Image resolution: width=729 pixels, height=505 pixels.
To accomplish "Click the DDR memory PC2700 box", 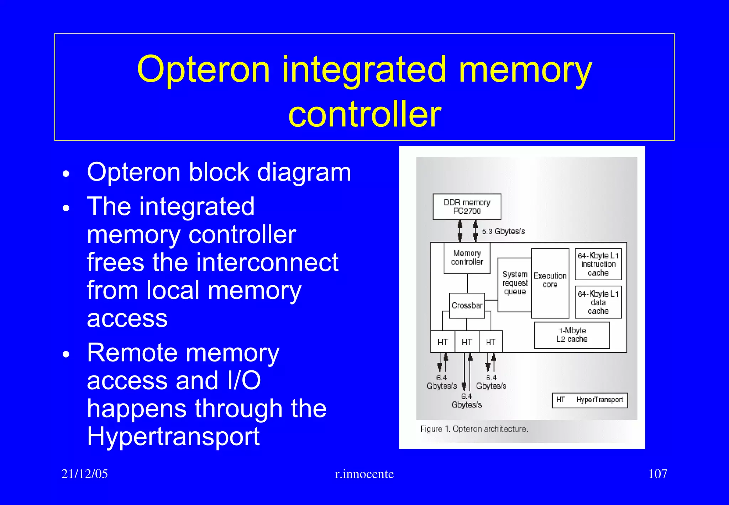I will coord(467,207).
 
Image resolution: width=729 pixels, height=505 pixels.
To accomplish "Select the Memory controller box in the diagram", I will coord(467,258).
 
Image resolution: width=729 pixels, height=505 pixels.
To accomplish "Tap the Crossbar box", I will coord(467,306).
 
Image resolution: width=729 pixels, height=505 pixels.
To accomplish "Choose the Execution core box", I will coord(550,283).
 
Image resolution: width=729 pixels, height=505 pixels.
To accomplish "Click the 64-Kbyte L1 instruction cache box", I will coord(598,264).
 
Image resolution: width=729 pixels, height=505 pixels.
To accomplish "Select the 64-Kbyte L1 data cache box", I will coord(598,302).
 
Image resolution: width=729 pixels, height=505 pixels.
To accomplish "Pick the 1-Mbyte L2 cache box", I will coord(572,335).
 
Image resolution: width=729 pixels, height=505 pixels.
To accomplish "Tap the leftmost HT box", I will coord(442,342).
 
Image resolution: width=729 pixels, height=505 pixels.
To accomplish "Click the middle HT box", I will coord(467,342).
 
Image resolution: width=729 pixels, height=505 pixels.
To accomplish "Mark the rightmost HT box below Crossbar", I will coord(491,342).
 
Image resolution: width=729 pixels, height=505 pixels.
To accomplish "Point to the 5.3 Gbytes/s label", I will coord(503,231).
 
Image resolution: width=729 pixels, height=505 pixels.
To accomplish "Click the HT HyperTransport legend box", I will coord(589,400).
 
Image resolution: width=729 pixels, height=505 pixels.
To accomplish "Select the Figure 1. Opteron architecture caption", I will coord(474,429).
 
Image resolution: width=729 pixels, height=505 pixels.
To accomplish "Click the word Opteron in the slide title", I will coord(204,70).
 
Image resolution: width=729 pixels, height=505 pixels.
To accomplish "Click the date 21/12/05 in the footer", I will coord(84,474).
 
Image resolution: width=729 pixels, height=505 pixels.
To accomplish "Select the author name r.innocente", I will coord(364,474).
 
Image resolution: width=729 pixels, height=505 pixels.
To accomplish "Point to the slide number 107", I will coord(657,474).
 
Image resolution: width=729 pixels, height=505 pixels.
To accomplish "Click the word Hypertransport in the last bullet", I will coord(173,436).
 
